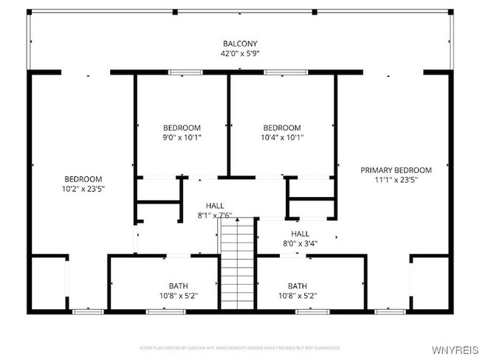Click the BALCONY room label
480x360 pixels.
[x=240, y=43]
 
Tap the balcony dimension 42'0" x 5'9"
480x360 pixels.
[x=240, y=53]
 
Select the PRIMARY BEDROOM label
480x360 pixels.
[x=396, y=170]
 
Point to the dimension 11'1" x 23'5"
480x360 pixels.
[x=396, y=179]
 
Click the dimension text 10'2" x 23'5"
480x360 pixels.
[x=83, y=188]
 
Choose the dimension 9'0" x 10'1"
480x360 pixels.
[x=182, y=136]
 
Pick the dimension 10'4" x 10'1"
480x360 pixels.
[x=282, y=136]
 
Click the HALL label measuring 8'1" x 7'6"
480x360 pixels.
[x=215, y=206]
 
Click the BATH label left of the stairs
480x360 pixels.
[x=178, y=285]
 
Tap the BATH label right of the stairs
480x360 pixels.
[x=298, y=285]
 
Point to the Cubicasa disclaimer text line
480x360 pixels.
[x=240, y=347]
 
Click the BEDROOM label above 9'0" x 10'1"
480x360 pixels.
[x=182, y=127]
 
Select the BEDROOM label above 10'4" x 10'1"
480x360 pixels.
[x=282, y=127]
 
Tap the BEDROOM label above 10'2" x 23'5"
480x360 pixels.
[x=83, y=179]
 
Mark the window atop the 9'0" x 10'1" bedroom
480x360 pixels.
[x=185, y=72]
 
